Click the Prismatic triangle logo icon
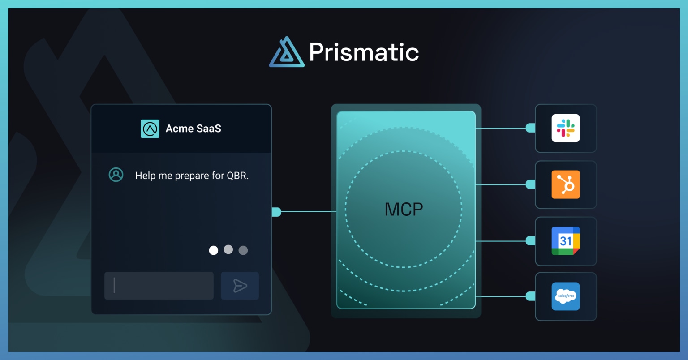(x=287, y=52)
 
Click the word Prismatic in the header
(x=364, y=52)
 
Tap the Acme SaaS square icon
(x=150, y=129)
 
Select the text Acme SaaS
(x=193, y=129)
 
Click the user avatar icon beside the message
(x=116, y=175)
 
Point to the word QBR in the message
(x=237, y=176)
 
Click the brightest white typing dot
(x=214, y=250)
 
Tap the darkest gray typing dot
(x=243, y=250)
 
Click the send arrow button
(x=240, y=286)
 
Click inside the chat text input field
(x=159, y=286)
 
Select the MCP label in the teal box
(x=404, y=210)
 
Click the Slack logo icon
(x=566, y=128)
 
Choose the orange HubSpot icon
(x=566, y=184)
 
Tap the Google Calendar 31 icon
(x=566, y=241)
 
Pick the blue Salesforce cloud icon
(x=566, y=296)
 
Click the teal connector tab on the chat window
(x=276, y=212)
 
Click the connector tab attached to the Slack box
(x=531, y=128)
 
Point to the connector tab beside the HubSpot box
(x=531, y=184)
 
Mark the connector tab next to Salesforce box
(x=531, y=296)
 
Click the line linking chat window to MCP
(x=309, y=212)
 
